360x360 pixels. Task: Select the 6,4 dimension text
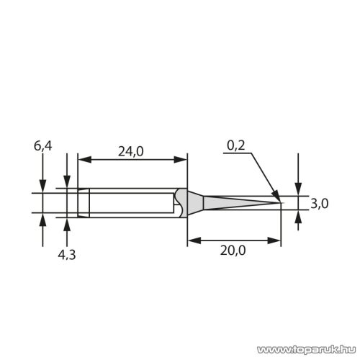43,146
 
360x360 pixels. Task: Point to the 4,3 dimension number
68,253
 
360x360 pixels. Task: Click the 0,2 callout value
236,145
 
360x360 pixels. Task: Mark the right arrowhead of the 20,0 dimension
276,240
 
